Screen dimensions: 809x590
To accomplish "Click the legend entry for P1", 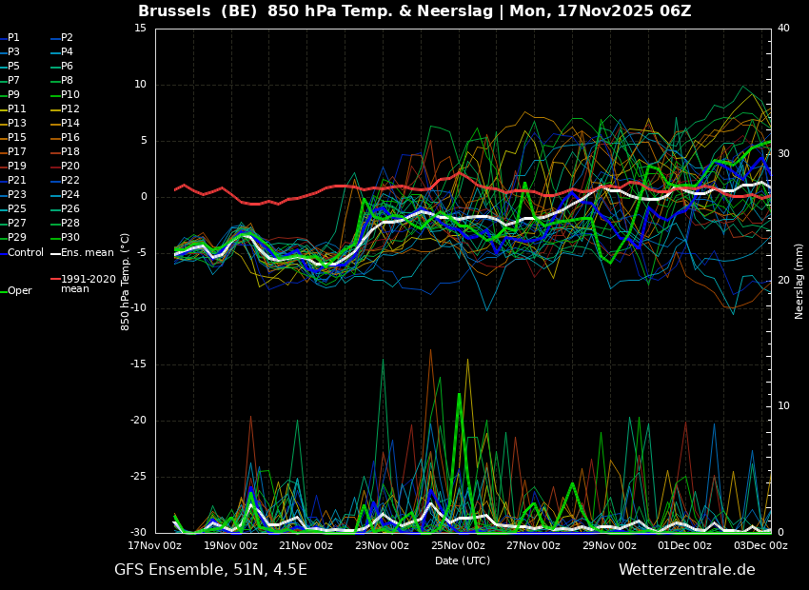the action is click(x=10, y=38).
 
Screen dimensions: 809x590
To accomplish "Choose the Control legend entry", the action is click(x=22, y=253).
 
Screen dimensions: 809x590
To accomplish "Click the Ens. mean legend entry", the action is click(x=83, y=253).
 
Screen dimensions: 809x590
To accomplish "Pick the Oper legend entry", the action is click(x=17, y=291).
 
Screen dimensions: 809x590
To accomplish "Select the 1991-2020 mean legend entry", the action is click(x=84, y=284).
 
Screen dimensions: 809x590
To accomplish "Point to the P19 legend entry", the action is click(x=13, y=166).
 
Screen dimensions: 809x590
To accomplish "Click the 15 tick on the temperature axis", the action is click(x=140, y=28).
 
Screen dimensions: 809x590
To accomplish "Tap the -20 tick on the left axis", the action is click(x=138, y=421).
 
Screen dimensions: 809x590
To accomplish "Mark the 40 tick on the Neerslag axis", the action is click(x=783, y=28).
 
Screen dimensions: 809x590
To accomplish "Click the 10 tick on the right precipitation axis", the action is click(x=783, y=406).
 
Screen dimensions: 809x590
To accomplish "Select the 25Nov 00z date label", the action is click(x=458, y=545).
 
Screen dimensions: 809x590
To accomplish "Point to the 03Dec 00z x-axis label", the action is click(x=761, y=545).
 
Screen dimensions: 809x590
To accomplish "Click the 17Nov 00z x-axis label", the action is click(x=155, y=545).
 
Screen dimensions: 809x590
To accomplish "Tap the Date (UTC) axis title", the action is click(x=463, y=560).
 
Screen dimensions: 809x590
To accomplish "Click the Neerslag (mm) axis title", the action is click(x=799, y=282).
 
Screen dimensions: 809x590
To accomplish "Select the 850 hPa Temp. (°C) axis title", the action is click(x=125, y=282).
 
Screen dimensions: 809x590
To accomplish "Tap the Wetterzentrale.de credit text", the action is click(x=687, y=570).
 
